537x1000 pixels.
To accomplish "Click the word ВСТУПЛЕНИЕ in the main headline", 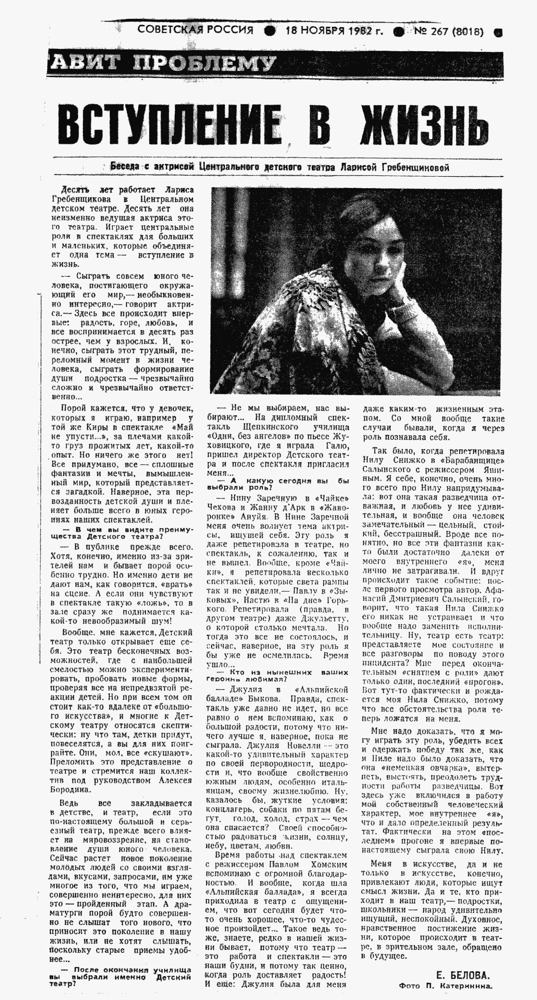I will coord(171,124).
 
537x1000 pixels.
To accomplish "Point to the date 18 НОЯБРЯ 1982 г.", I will coord(334,31).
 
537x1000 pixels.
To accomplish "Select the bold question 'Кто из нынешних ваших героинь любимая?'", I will coord(278,675).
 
